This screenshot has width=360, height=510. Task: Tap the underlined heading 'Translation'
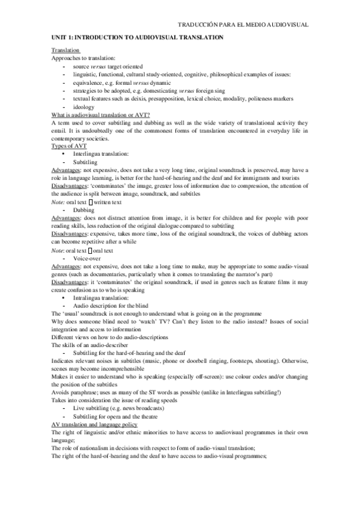tap(66, 51)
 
